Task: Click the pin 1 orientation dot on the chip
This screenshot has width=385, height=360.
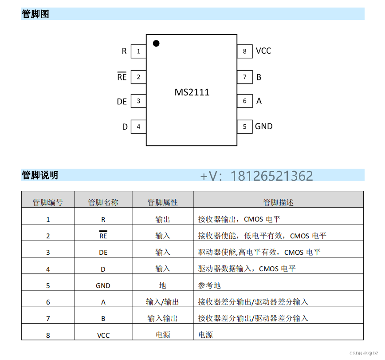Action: click(156, 43)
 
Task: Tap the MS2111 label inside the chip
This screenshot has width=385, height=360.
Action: click(192, 92)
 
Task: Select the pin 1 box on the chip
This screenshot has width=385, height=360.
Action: click(139, 51)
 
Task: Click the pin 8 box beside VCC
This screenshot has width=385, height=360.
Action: click(244, 51)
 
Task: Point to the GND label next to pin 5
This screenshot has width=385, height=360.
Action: click(263, 127)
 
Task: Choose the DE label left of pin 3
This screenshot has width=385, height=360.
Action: click(122, 102)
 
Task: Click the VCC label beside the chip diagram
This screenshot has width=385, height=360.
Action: click(263, 51)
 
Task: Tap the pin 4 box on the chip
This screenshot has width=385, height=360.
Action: click(139, 127)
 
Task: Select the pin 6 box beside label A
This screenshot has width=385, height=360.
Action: click(244, 101)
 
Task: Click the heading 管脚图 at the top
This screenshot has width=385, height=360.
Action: click(35, 14)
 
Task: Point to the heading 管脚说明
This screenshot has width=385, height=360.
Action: click(40, 175)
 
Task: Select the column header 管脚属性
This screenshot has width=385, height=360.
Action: click(162, 202)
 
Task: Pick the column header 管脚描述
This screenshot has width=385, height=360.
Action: click(278, 202)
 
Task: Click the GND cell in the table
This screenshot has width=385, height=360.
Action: click(103, 286)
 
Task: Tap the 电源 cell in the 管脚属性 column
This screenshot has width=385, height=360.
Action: click(162, 335)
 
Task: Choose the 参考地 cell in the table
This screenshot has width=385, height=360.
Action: click(209, 285)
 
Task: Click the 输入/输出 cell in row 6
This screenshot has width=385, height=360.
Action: click(162, 302)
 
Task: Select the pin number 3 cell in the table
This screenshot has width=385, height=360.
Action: click(48, 253)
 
